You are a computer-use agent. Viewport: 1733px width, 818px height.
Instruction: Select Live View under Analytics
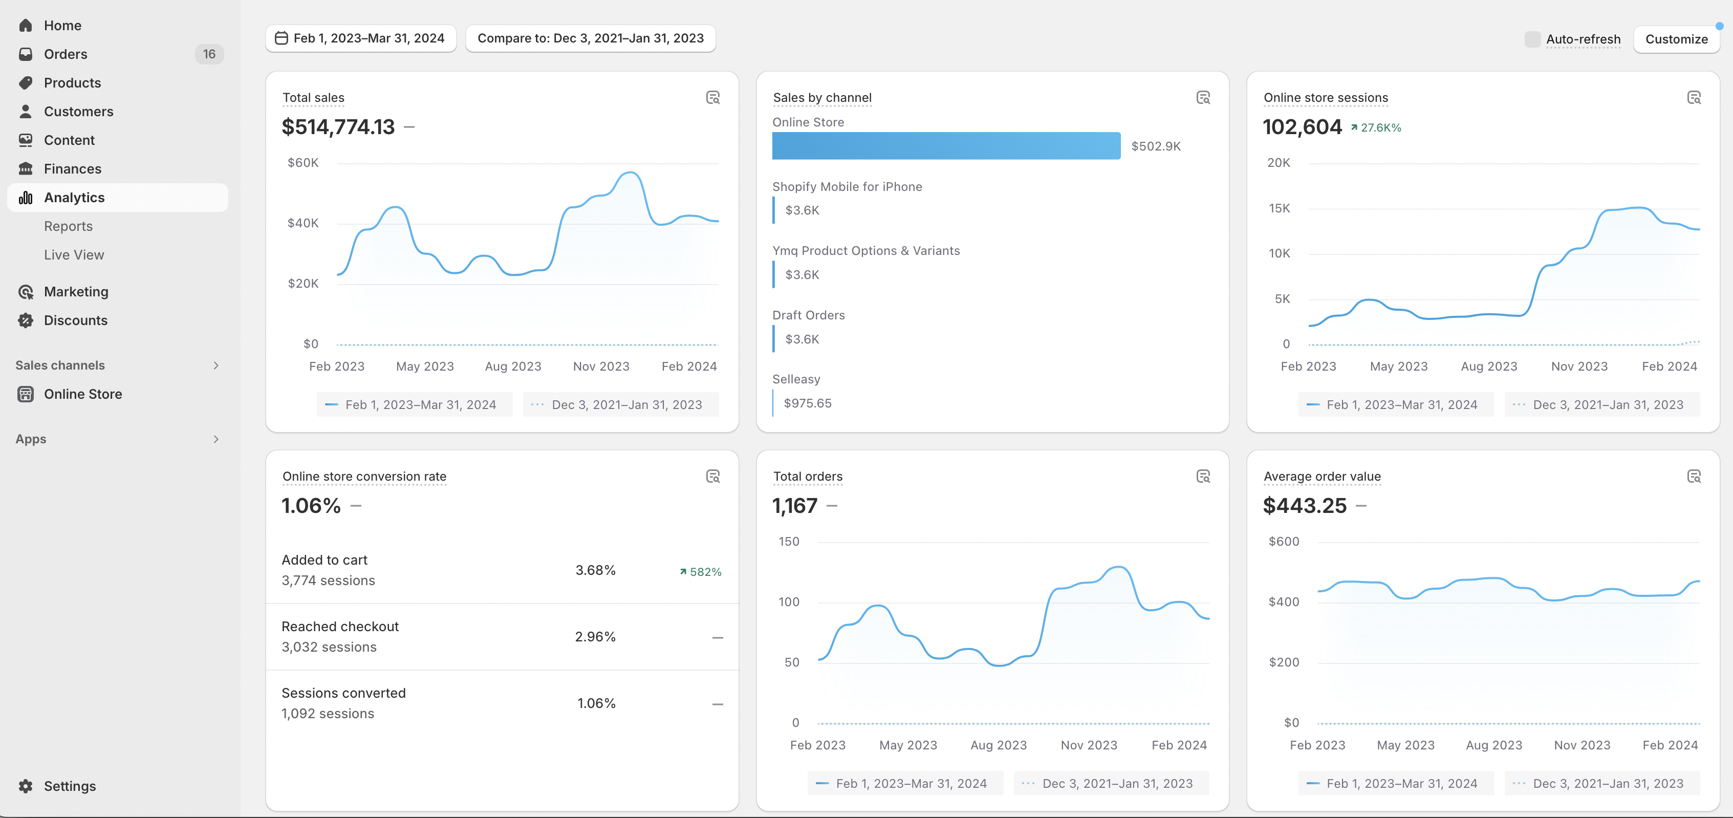click(74, 255)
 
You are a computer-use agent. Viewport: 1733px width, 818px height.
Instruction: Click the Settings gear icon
click(26, 786)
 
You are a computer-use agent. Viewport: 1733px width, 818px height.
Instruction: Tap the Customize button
click(1677, 39)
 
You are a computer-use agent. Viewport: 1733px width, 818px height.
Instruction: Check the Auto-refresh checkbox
click(1532, 39)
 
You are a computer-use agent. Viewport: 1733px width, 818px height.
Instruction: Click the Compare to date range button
click(591, 38)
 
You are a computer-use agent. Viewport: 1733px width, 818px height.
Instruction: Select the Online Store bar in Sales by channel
click(946, 146)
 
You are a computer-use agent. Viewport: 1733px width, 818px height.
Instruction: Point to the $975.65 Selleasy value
click(807, 403)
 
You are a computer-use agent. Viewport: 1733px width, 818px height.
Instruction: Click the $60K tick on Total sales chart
click(302, 163)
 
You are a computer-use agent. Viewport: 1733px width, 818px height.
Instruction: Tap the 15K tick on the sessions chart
click(1279, 208)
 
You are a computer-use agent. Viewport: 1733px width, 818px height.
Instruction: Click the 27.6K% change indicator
click(1376, 128)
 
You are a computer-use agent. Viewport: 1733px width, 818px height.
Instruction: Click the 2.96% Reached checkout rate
click(595, 636)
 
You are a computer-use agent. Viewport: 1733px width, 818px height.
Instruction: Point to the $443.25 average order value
click(1305, 505)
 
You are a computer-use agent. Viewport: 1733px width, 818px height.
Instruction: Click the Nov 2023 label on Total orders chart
click(1089, 745)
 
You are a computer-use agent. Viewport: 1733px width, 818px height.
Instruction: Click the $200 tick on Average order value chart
click(1284, 662)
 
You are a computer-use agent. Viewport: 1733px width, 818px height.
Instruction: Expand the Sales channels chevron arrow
click(216, 365)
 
